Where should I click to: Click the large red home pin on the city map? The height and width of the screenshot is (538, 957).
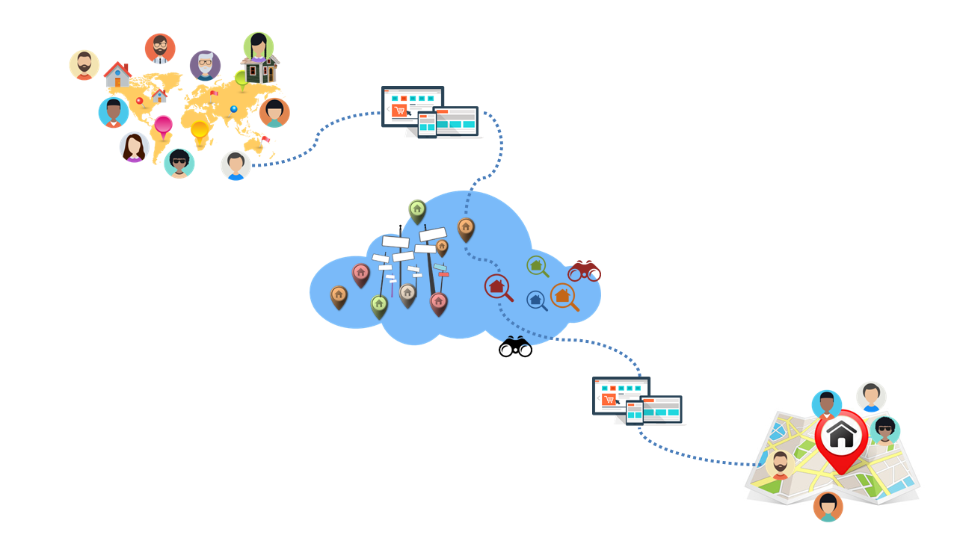[x=841, y=437]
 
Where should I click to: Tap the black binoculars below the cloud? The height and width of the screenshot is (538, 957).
[x=515, y=347]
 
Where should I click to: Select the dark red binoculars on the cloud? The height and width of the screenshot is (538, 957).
[x=584, y=271]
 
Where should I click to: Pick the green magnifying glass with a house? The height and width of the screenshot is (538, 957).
[x=536, y=265]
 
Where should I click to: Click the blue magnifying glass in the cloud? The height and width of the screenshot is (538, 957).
[x=536, y=300]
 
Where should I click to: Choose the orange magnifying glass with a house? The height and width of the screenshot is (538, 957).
[x=563, y=296]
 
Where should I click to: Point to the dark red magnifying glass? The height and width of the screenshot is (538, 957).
[x=497, y=286]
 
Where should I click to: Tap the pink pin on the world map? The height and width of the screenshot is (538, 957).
[x=163, y=127]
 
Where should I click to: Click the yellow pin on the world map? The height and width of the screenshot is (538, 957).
[x=200, y=133]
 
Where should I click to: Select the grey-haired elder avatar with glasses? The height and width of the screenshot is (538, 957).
[x=205, y=66]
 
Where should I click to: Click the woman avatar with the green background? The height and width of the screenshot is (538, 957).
[x=258, y=46]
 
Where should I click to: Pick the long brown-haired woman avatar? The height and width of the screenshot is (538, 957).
[x=135, y=147]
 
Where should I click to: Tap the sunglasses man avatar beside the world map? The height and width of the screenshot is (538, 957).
[x=179, y=163]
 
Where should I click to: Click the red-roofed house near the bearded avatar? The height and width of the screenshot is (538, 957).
[x=117, y=75]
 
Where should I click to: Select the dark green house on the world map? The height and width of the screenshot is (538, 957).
[x=261, y=70]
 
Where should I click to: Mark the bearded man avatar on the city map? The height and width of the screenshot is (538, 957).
[x=780, y=465]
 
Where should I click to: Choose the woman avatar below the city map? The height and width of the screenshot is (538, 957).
[x=828, y=507]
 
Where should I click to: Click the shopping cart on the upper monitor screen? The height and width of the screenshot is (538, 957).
[x=399, y=111]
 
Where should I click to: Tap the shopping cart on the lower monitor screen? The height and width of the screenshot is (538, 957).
[x=609, y=401]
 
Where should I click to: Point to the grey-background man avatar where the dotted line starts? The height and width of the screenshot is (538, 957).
[x=236, y=165]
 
